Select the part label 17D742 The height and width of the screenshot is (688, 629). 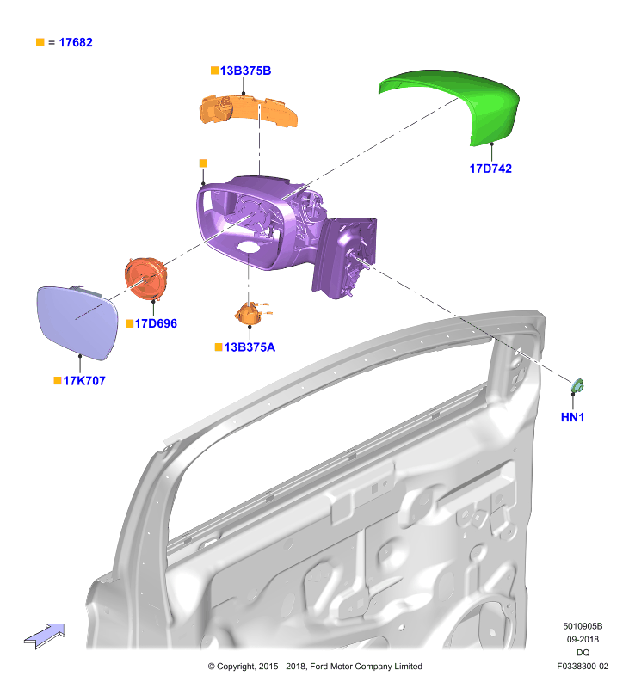click(x=490, y=169)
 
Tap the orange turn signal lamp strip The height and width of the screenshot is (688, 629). click(x=249, y=110)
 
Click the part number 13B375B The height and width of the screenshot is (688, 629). click(x=245, y=71)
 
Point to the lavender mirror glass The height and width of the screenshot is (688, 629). click(x=77, y=322)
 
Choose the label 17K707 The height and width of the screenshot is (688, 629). click(x=84, y=380)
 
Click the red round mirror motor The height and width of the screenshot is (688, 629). click(x=145, y=279)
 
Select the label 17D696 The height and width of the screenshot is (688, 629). click(x=156, y=323)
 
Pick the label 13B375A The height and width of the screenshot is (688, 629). click(x=250, y=347)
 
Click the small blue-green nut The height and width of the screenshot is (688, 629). click(x=577, y=386)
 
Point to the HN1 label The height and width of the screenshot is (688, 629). click(x=572, y=417)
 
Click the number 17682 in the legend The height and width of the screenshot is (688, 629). click(x=76, y=42)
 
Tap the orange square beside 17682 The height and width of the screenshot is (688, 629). click(x=40, y=42)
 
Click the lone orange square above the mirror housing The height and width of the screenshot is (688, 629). click(x=203, y=163)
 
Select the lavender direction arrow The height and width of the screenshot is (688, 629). click(x=45, y=636)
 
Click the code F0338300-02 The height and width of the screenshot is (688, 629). click(x=583, y=666)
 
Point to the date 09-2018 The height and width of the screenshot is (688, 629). click(x=583, y=639)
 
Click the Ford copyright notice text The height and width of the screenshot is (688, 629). click(x=315, y=666)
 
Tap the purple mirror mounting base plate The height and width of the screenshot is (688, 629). click(x=344, y=256)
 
